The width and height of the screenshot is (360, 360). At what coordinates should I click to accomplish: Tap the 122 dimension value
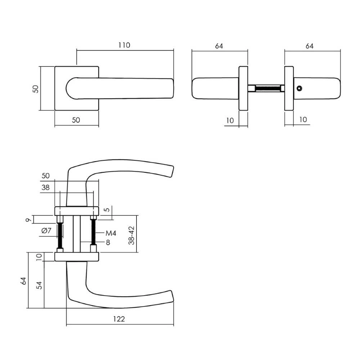pos(120,319)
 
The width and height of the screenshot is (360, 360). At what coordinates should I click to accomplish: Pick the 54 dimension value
pos(40,285)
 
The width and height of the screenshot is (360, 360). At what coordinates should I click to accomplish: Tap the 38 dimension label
pos(46,187)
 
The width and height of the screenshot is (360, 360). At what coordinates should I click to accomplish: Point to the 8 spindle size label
pos(108,243)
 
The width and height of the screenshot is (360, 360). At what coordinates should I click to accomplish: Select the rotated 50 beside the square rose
pos(35,89)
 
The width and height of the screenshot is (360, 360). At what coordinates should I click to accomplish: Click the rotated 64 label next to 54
pos(24,280)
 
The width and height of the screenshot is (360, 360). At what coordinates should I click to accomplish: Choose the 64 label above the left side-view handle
pos(219,46)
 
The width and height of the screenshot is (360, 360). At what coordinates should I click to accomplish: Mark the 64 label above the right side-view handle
pos(309,46)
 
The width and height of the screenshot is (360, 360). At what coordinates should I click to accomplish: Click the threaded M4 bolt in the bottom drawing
pos(94,232)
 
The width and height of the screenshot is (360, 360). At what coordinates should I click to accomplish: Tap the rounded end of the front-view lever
pos(72,88)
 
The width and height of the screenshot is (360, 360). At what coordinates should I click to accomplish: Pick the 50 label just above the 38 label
pos(46,176)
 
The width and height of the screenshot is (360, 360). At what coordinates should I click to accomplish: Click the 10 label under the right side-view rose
pos(303,120)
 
